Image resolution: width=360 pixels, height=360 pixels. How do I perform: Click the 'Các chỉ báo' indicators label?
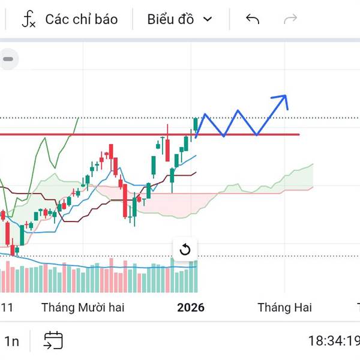[81, 19]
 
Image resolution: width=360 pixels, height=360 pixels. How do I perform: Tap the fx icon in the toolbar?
[28, 19]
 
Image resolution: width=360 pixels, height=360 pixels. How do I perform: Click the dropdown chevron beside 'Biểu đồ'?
[208, 19]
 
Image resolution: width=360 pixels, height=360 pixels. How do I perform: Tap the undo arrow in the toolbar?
[253, 19]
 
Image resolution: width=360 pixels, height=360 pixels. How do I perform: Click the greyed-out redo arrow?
[290, 19]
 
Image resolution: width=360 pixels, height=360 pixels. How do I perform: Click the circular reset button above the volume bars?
[185, 250]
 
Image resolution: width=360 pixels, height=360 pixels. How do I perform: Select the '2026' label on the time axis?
[191, 308]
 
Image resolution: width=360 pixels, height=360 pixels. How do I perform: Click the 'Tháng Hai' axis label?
[284, 308]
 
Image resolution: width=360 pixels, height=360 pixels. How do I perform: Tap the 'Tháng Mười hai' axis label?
[83, 308]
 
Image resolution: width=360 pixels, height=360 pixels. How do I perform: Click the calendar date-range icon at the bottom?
[53, 341]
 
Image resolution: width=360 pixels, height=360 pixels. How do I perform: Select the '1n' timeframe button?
[12, 341]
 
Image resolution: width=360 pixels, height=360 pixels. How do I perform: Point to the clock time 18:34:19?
[334, 341]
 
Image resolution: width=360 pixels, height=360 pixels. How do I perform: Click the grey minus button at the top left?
[8, 59]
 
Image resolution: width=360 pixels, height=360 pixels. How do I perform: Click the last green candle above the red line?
[196, 124]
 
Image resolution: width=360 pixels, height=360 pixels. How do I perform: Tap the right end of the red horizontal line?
[298, 134]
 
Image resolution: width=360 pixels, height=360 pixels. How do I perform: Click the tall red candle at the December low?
[125, 201]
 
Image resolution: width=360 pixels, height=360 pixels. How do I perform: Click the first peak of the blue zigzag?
[205, 114]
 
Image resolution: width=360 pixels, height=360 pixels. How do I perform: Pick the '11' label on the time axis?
[7, 308]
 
